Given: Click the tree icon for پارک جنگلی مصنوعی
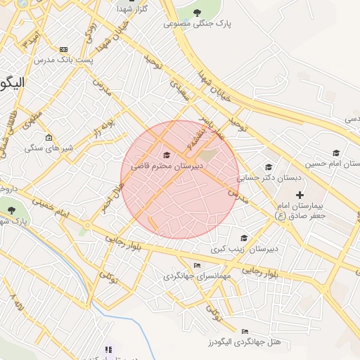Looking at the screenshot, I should point(198,13).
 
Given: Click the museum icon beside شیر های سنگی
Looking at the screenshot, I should point(48,137).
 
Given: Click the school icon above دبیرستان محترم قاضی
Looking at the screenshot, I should point(167,155).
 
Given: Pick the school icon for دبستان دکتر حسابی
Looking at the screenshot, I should point(267,167).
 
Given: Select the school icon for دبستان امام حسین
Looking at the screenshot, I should point(336,153).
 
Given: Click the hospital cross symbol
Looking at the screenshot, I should point(300,194).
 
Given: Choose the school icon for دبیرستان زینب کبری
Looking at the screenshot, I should point(244,238).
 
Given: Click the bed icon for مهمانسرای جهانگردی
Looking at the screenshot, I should point(197,265).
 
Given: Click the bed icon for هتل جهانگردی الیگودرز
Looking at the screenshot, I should point(245,331).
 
